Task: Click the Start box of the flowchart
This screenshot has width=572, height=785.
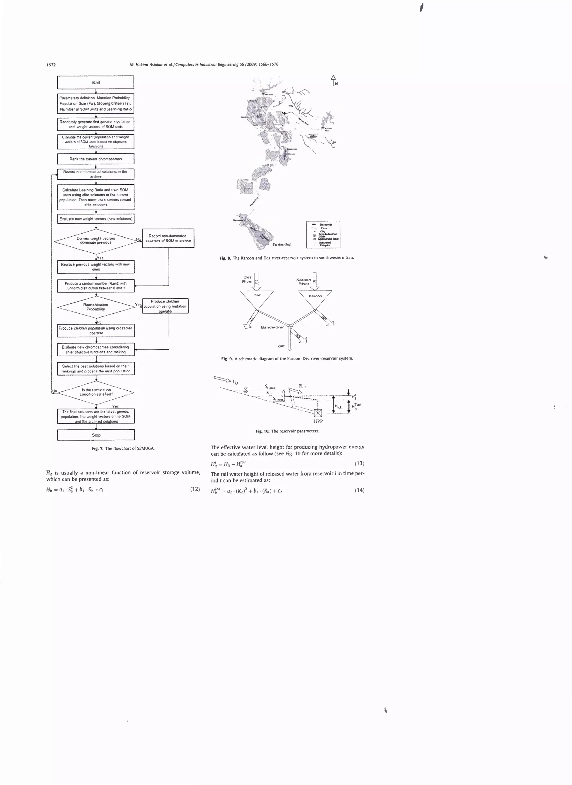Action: (96, 82)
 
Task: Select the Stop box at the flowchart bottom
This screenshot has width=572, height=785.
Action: (96, 435)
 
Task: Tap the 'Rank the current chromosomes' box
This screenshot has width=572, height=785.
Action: (96, 159)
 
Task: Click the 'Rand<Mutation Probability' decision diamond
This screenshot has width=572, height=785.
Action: (96, 307)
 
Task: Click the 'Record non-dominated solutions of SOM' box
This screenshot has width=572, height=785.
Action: (168, 238)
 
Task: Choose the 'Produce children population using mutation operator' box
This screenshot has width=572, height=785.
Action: (165, 306)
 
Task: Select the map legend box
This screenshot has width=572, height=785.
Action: (323, 234)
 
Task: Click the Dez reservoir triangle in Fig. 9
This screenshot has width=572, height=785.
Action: (257, 298)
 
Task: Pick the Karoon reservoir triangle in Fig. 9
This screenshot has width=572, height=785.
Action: (315, 298)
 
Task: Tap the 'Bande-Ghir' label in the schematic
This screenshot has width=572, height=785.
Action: (272, 327)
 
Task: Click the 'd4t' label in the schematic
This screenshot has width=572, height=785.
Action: (281, 346)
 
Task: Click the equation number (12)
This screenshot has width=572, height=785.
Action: (195, 489)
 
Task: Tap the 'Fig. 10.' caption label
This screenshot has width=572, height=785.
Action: (262, 431)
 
